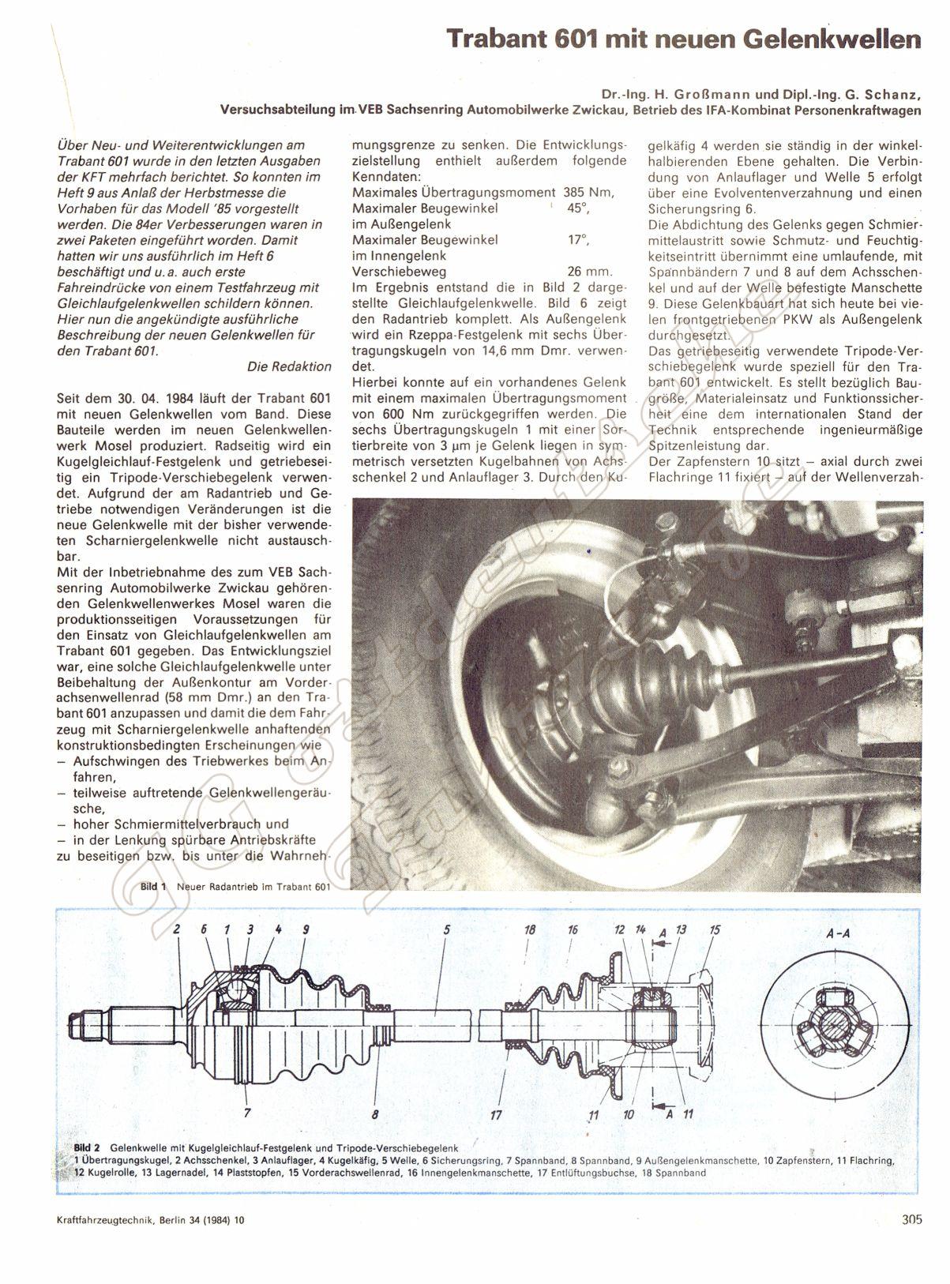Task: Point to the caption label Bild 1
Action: [152, 887]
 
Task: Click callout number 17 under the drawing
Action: [496, 1115]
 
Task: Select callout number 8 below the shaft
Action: [375, 1115]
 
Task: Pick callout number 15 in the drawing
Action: [714, 930]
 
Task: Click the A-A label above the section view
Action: [841, 934]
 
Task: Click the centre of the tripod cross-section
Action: [841, 1024]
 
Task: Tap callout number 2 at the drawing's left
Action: [178, 930]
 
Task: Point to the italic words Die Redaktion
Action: [288, 366]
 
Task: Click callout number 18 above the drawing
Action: [530, 930]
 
